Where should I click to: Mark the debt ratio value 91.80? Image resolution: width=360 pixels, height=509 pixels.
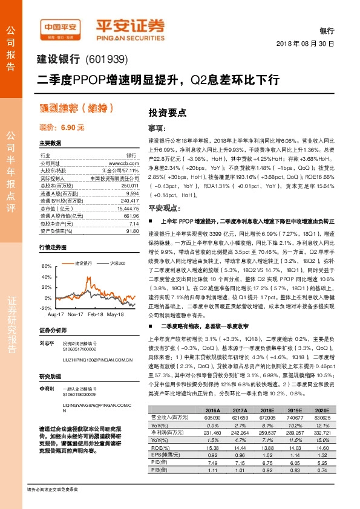tap(133, 231)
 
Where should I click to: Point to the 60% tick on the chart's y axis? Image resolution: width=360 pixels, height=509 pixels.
tap(47, 266)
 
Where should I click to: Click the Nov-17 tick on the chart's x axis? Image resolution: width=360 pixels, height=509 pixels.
tap(76, 315)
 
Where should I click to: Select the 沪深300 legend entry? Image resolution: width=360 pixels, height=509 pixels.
tap(117, 264)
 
